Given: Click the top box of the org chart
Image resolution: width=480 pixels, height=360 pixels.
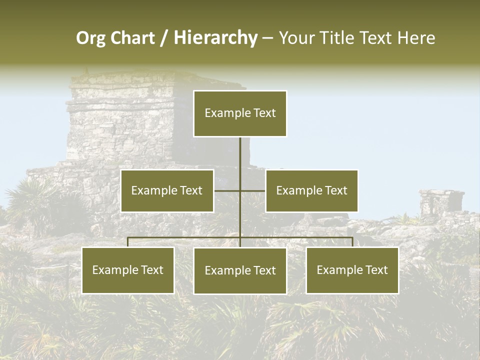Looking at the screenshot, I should tap(240, 113).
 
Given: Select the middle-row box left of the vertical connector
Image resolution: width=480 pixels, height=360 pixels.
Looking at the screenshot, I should tap(167, 190).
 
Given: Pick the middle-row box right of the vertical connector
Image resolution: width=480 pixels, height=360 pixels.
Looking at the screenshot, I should tap(312, 190).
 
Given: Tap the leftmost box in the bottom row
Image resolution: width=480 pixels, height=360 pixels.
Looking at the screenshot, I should tap(128, 270).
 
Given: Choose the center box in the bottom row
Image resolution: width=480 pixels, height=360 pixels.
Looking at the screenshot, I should tap(240, 270).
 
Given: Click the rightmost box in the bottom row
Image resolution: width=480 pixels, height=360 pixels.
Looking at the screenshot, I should tap(352, 270).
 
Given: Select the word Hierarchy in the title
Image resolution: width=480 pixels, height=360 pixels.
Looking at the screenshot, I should tap(215, 38).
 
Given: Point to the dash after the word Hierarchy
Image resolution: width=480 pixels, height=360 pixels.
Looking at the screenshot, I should tap(267, 38).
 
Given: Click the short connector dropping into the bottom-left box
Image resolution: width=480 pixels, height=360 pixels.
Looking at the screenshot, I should tap(128, 242).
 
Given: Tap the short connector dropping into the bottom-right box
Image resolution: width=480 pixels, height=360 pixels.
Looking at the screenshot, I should tap(352, 242).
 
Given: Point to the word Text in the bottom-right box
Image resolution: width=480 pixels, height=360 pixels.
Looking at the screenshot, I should tap(376, 270).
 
